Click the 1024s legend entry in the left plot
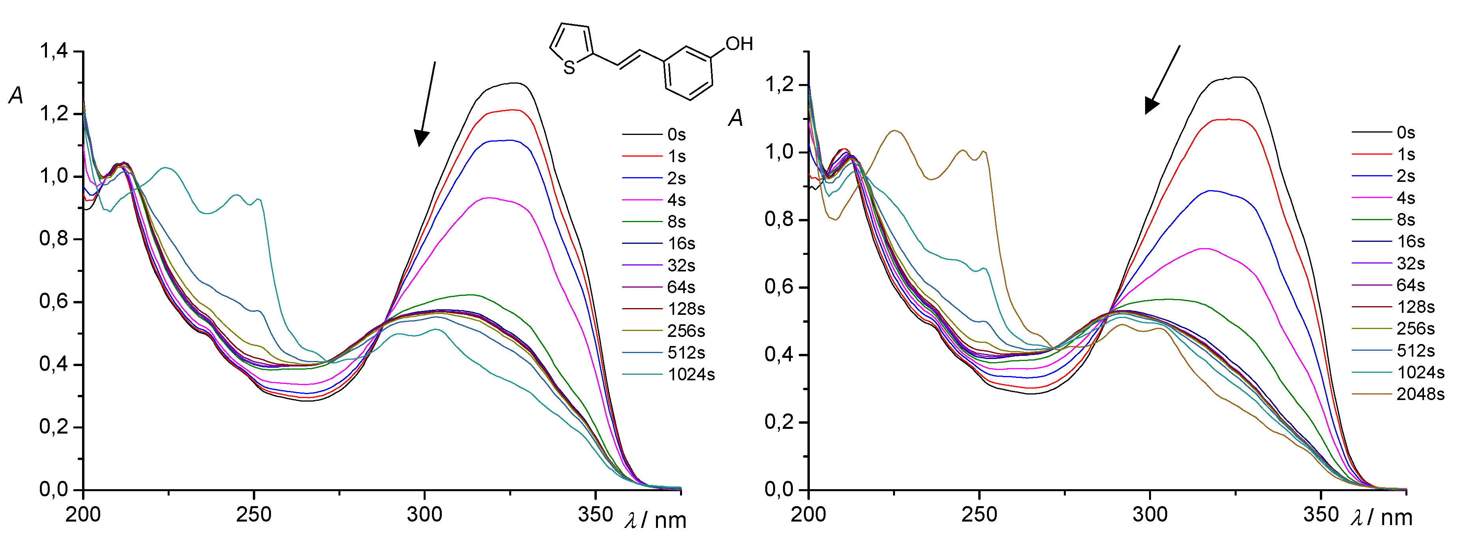pos(691,375)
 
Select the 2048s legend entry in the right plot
pos(1420,394)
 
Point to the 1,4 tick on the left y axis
pos(54,51)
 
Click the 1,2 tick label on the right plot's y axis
pos(779,85)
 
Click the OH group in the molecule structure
pos(739,44)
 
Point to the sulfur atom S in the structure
pos(569,68)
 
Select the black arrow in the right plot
pos(1162,80)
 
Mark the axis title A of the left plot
pos(16,95)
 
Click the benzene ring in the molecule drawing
pos(688,73)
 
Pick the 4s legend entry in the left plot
pos(676,200)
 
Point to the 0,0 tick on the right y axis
pos(779,489)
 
